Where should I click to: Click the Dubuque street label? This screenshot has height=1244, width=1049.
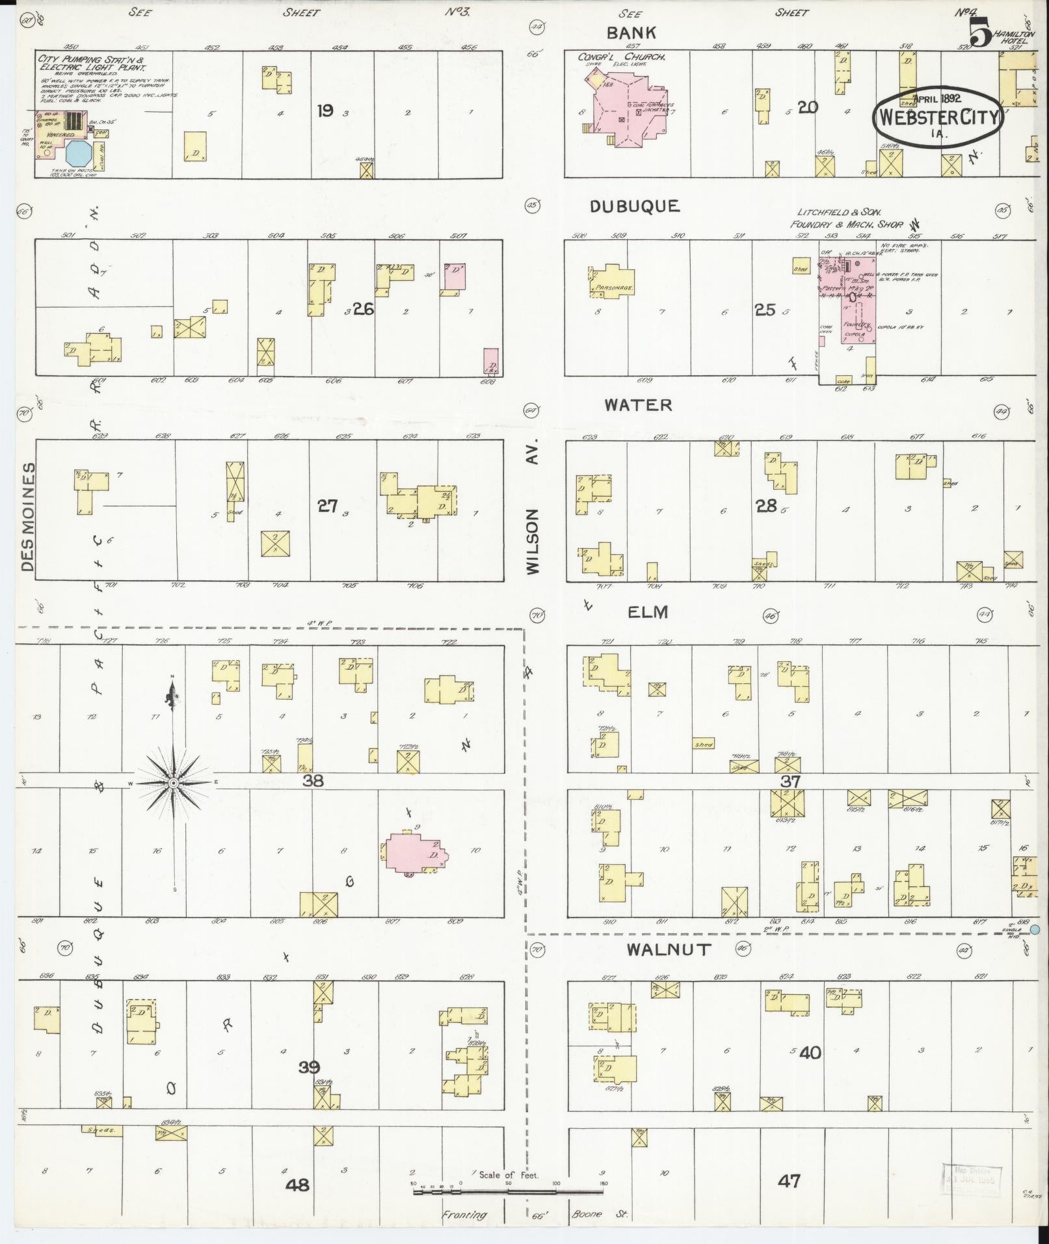[635, 206]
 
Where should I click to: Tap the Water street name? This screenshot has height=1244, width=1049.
[638, 405]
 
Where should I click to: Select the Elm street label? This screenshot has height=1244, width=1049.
[648, 612]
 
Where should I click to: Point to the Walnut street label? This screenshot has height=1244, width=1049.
[669, 949]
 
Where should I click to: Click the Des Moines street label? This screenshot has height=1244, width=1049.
[27, 518]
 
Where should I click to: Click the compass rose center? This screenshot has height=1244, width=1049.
[174, 784]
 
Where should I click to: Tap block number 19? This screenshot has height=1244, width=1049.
[325, 111]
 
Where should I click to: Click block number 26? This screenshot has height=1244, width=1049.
[364, 309]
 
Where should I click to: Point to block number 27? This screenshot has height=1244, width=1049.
[328, 505]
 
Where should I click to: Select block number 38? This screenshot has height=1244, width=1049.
[313, 780]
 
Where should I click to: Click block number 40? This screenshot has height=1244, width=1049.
[810, 1052]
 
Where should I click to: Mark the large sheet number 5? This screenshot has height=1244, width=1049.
[980, 34]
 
